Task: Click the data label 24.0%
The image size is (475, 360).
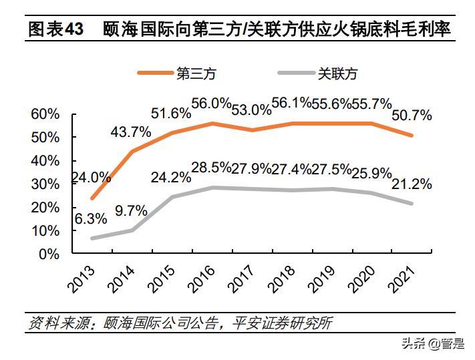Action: (91, 177)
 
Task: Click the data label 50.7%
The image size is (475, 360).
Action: (412, 115)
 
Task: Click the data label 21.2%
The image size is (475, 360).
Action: (412, 184)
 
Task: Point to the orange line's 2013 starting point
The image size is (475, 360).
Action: (92, 198)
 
